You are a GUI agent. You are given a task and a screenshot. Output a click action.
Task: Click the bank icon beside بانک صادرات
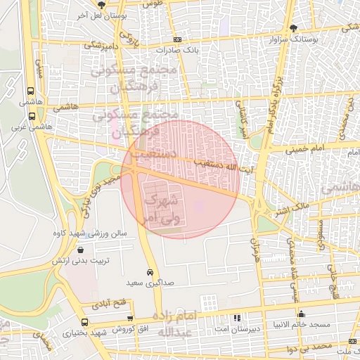pyautogui.click(x=177, y=40)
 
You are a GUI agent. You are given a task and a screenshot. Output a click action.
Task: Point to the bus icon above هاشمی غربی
pyautogui.click(x=30, y=91)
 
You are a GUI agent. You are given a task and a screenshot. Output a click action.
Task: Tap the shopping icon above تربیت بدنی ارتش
pyautogui.click(x=82, y=250)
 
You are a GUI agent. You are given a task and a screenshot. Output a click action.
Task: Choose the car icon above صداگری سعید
pyautogui.click(x=150, y=272)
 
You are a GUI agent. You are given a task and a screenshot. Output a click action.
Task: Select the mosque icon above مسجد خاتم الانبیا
pyautogui.click(x=301, y=314)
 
